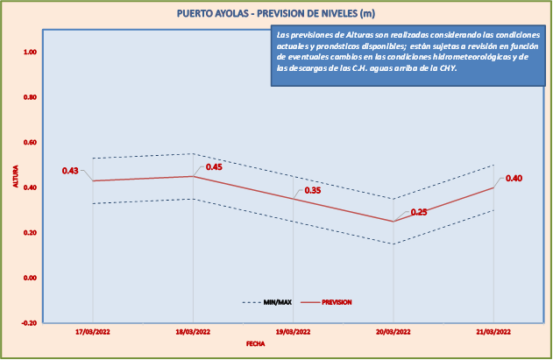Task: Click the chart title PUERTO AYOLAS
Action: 276,13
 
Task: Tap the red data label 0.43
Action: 70,171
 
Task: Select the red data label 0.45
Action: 214,166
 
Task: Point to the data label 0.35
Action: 313,190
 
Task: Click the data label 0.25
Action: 419,212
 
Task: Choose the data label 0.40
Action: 514,179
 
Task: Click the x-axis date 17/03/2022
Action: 92,332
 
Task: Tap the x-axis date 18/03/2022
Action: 193,332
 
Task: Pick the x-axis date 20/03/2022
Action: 393,332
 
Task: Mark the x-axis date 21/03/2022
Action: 493,332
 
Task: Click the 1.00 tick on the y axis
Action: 30,53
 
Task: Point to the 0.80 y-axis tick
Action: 30,97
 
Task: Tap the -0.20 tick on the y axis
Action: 29,322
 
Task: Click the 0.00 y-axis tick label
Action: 30,278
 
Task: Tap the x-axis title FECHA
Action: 254,344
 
